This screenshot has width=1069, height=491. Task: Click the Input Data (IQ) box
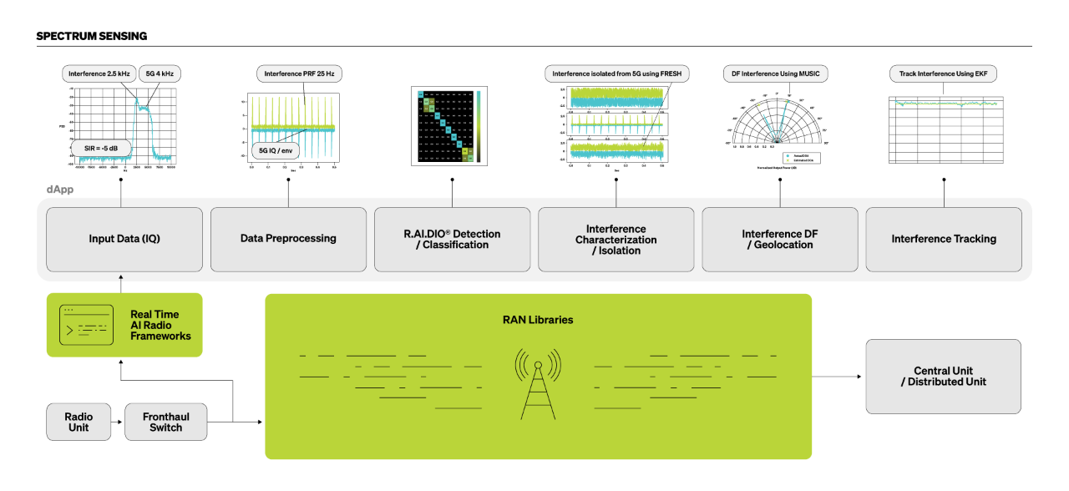(x=124, y=239)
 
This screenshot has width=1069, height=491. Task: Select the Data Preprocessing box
(x=288, y=239)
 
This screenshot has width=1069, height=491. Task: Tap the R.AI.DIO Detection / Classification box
(x=452, y=239)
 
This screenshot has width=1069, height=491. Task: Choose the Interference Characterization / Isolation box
(x=616, y=239)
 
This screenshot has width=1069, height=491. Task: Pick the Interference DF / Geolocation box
(x=779, y=239)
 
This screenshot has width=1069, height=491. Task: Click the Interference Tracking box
(x=944, y=239)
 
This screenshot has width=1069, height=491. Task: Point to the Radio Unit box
(x=79, y=422)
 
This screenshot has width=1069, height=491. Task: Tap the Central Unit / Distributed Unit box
(x=943, y=377)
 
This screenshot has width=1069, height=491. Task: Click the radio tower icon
(x=537, y=383)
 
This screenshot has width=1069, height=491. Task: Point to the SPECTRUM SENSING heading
(x=92, y=37)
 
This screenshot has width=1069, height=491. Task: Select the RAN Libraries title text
(x=538, y=320)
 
